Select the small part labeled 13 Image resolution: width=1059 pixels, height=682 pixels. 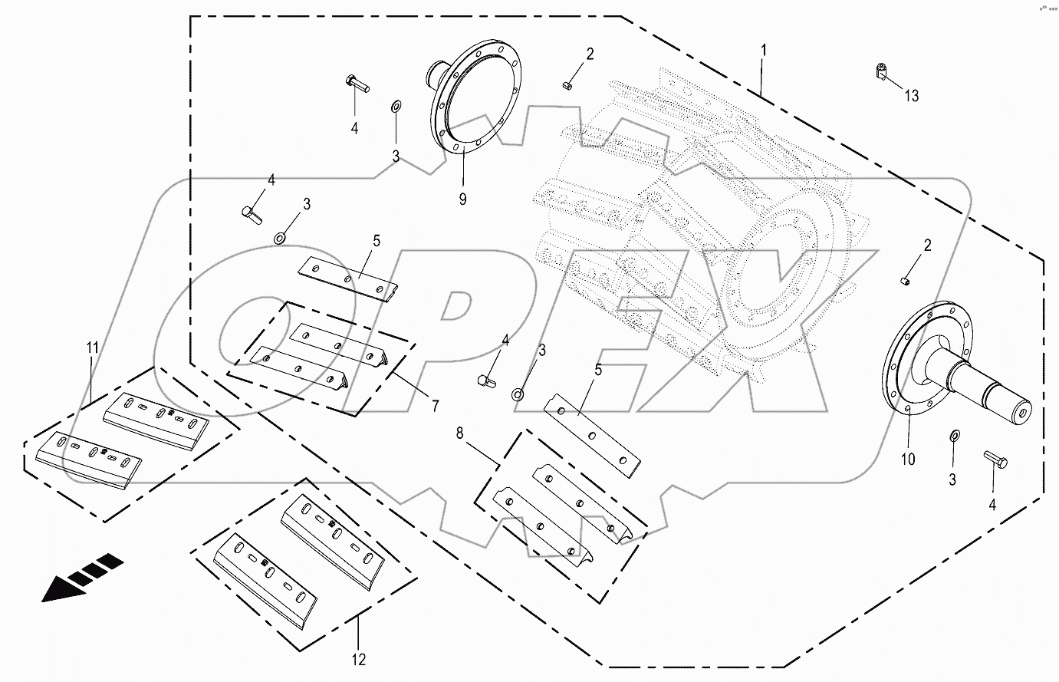tap(881, 71)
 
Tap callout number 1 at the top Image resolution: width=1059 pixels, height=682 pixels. tap(763, 50)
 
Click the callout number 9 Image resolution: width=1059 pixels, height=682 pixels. tap(462, 199)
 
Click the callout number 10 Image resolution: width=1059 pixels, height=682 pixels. tap(908, 460)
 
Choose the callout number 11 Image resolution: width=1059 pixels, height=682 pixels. tap(92, 348)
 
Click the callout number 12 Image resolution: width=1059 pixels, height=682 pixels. tap(359, 659)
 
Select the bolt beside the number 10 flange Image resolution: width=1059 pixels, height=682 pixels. tap(995, 460)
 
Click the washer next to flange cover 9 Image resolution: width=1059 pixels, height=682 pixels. tap(395, 104)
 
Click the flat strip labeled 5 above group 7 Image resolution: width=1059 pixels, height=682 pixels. tap(349, 278)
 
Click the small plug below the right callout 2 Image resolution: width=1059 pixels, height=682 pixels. tap(906, 281)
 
